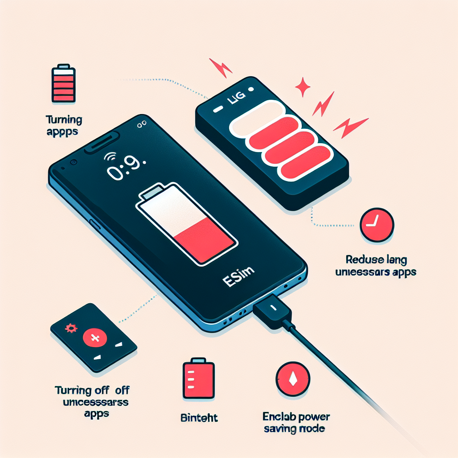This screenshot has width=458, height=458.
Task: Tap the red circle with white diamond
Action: pyautogui.click(x=293, y=380)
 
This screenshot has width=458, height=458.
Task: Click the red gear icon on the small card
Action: pyautogui.click(x=70, y=329)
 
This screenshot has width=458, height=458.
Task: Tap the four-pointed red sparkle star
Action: pyautogui.click(x=303, y=87)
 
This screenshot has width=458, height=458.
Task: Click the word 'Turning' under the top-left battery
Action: pyautogui.click(x=64, y=119)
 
